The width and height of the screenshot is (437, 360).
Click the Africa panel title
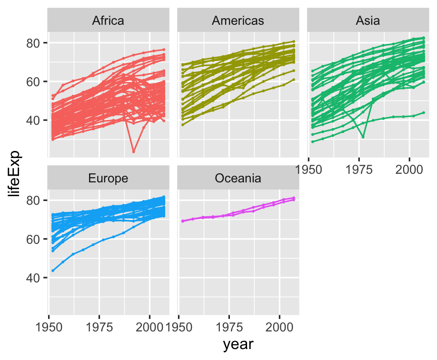click(x=109, y=20)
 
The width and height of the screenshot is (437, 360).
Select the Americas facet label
click(x=238, y=20)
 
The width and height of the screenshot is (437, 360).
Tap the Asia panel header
click(x=367, y=20)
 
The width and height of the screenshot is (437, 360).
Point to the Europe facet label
click(x=109, y=178)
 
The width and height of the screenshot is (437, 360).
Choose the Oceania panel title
click(x=238, y=178)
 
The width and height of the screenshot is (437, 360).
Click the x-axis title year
click(x=238, y=344)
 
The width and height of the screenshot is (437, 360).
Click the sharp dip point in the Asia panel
click(x=363, y=137)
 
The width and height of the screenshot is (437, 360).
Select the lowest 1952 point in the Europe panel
click(x=53, y=270)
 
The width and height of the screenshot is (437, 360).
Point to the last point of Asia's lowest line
click(x=423, y=113)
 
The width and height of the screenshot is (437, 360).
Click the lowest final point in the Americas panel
click(x=294, y=80)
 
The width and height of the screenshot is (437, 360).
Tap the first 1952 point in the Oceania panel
click(x=183, y=221)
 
